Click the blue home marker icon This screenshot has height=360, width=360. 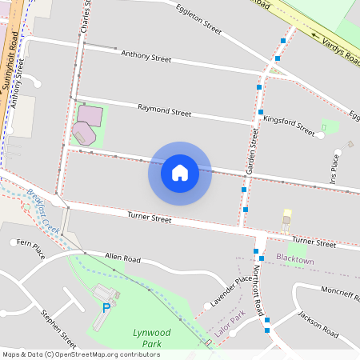click(180, 173)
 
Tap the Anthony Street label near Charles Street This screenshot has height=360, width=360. click(146, 58)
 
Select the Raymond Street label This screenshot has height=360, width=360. click(164, 111)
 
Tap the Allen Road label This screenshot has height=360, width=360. click(122, 258)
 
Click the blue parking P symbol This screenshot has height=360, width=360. click(106, 307)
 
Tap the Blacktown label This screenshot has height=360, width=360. click(294, 261)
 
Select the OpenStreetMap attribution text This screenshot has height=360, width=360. click(81, 354)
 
